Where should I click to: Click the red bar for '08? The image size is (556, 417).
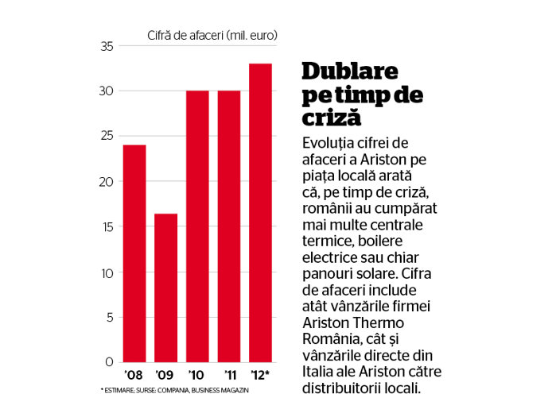tap(134, 253)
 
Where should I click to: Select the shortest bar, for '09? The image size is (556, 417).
tap(166, 288)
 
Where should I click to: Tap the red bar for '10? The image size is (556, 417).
tap(197, 226)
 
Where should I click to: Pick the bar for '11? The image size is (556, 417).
tap(229, 226)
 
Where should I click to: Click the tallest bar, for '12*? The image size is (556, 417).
tap(261, 213)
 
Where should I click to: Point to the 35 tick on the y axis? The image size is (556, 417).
tap(107, 46)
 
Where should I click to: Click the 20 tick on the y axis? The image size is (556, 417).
tap(107, 182)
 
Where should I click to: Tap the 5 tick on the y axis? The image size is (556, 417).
tap(110, 318)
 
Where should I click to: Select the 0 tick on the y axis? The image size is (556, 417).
tap(110, 362)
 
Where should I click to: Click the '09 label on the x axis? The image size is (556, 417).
tap(164, 375)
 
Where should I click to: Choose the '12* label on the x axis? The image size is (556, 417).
tap(260, 375)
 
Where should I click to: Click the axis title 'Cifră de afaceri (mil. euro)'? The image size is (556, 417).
tap(212, 36)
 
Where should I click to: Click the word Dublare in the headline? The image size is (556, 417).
tap(350, 71)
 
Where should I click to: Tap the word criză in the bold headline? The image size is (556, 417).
tap(332, 117)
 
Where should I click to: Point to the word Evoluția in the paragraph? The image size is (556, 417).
tap(328, 143)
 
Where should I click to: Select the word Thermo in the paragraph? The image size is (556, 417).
tap(379, 322)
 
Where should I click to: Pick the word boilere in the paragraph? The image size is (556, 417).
tap(380, 241)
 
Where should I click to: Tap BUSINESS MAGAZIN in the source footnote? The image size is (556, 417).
tap(220, 390)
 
